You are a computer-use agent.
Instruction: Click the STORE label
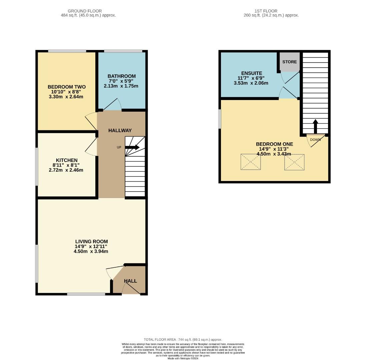[x=289, y=62]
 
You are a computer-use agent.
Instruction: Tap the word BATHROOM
[x=122, y=76]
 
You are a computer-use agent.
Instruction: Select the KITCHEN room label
[x=67, y=160]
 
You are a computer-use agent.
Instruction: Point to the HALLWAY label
[x=120, y=131]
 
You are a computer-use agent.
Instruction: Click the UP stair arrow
[x=132, y=147]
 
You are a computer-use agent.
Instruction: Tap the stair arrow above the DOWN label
[x=315, y=126]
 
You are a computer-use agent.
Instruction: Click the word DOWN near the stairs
[x=315, y=140]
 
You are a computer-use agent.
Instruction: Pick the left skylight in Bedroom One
[x=251, y=162]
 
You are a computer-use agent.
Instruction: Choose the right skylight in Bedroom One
[x=294, y=162]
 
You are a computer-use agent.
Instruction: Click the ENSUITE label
[x=252, y=73]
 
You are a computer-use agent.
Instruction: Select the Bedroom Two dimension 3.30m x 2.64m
[x=66, y=97]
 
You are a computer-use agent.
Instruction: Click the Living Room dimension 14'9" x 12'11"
[x=91, y=246]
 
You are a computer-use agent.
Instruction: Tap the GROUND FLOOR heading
[x=85, y=11]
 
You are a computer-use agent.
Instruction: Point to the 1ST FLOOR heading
[x=266, y=11]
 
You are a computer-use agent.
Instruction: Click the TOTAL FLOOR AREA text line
[x=183, y=340]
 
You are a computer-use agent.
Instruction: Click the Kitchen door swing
[x=91, y=147]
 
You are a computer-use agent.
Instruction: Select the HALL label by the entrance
[x=130, y=281]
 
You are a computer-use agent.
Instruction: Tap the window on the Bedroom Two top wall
[x=67, y=51]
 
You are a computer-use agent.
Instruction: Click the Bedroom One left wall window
[x=220, y=119]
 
